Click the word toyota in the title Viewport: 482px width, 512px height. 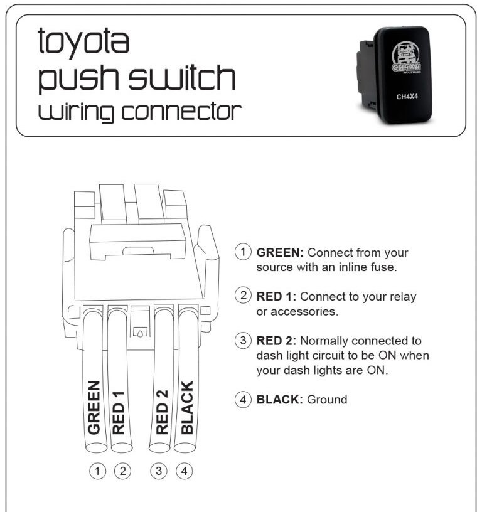(83, 41)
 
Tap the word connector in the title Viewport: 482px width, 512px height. (181, 111)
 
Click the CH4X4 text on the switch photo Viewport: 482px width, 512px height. (407, 97)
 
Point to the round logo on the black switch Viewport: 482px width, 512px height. (406, 57)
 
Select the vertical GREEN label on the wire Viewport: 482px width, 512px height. (94, 407)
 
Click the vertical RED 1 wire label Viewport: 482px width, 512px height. (118, 412)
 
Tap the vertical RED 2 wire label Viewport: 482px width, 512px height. (162, 412)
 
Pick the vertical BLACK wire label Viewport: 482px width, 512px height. (187, 407)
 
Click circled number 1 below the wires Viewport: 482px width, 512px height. (97, 471)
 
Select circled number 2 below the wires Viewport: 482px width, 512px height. (122, 471)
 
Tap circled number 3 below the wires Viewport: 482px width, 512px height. (159, 471)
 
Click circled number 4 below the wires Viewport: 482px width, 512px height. (184, 471)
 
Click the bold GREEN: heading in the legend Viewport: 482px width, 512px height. (280, 252)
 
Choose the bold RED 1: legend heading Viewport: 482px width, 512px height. (276, 297)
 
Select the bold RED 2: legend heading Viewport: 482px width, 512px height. (276, 341)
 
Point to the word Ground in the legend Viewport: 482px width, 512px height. (327, 399)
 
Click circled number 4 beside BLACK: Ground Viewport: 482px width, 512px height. (243, 399)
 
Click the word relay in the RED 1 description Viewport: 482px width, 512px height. (400, 297)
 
